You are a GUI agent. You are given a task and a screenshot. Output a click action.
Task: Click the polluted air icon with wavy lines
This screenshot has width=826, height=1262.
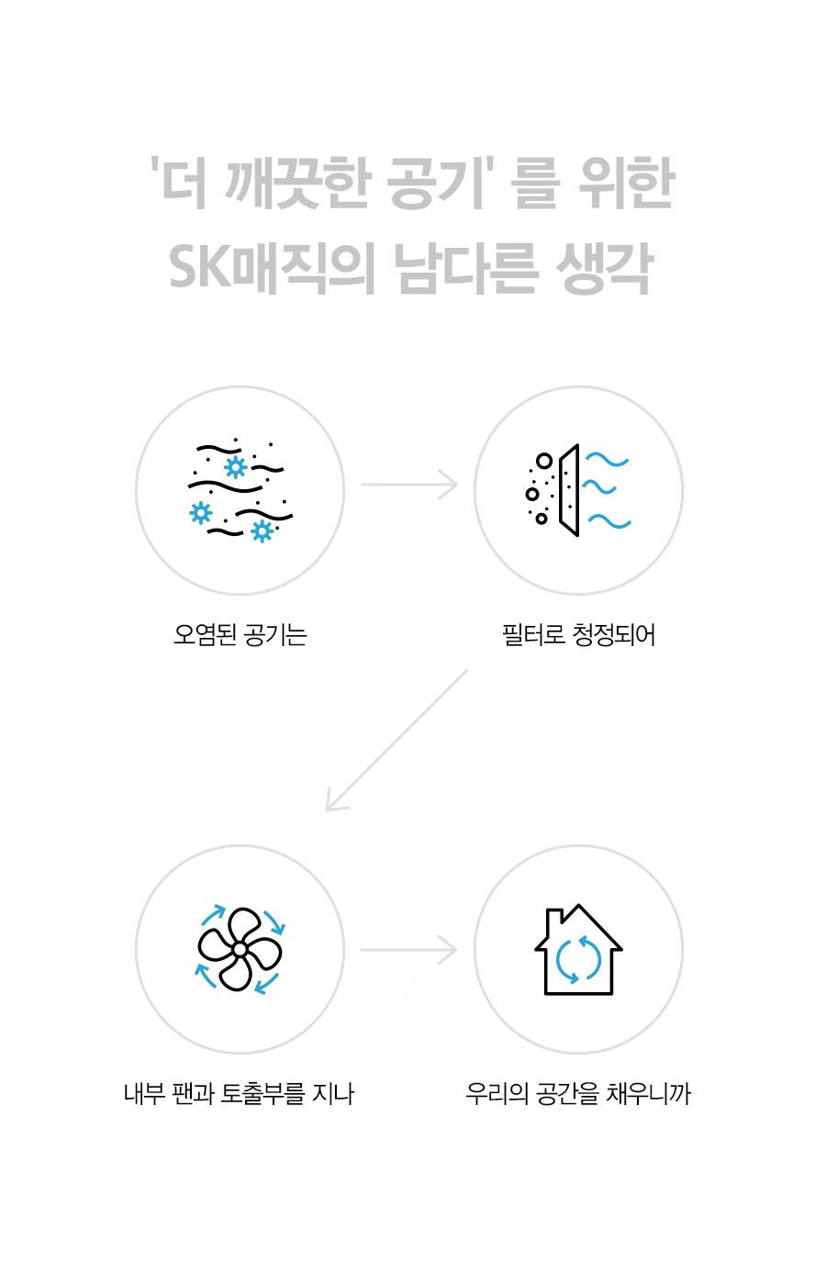coord(240,490)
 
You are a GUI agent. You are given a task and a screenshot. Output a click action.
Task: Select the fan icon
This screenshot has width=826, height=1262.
coord(240,949)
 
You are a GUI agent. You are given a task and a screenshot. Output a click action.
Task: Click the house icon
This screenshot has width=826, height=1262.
coord(578,949)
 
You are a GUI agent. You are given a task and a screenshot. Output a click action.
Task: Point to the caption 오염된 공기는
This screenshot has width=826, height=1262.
coord(240,635)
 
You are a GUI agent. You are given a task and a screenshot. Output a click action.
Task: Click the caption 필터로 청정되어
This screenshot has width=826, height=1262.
coord(578,635)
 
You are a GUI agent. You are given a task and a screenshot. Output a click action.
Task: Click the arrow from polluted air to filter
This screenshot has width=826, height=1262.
coord(409,485)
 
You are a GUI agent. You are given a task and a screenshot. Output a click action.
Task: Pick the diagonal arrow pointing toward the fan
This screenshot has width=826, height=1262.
coord(396,741)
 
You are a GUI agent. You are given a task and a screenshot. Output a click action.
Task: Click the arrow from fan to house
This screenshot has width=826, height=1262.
coord(409,950)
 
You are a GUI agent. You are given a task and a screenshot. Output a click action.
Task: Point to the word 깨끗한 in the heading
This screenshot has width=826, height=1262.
coord(298,183)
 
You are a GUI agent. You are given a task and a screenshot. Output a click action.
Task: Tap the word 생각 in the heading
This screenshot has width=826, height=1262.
coord(605,268)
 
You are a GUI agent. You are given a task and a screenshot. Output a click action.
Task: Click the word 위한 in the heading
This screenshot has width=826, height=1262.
coord(627,183)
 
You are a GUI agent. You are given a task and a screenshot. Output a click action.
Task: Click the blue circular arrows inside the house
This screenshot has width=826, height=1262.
coord(578,959)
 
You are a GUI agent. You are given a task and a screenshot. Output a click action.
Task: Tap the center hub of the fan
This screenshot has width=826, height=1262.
coord(240,950)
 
